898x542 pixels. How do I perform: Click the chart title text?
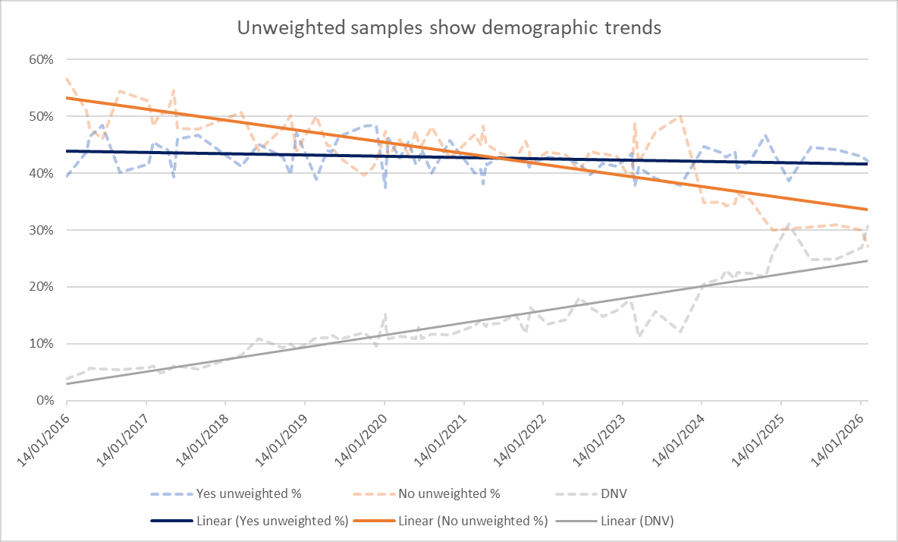coord(449,28)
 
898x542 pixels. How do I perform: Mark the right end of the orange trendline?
coord(868,210)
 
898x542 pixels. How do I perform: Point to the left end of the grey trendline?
coord(67,383)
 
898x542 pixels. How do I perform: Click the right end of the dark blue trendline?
coord(868,164)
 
